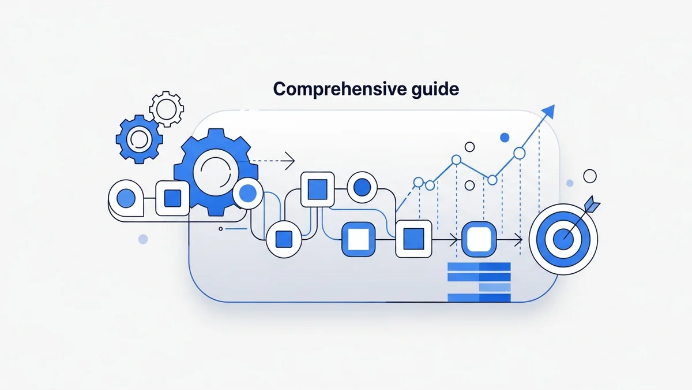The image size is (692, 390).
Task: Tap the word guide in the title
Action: [436, 90]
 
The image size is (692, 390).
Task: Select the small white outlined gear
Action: [166, 107]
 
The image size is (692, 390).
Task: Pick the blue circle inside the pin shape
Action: [126, 199]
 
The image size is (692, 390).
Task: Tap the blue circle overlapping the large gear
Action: [249, 192]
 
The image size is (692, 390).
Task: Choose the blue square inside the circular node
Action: [284, 238]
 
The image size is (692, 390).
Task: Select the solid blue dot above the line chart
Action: [505, 138]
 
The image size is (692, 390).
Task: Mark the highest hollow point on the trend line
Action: [519, 153]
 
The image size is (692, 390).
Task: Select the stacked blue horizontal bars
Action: [479, 282]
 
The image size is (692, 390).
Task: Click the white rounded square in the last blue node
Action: [478, 238]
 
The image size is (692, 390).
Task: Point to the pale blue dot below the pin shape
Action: [143, 239]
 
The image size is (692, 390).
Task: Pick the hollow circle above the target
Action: [589, 176]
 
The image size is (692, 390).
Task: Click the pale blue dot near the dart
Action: [570, 183]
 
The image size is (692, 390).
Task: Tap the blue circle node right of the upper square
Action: [362, 187]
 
